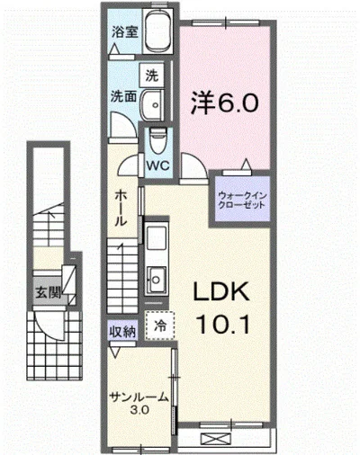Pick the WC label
pos(159,165)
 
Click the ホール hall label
pos(121,210)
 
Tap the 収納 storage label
pos(123,330)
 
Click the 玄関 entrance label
pos(47,291)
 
